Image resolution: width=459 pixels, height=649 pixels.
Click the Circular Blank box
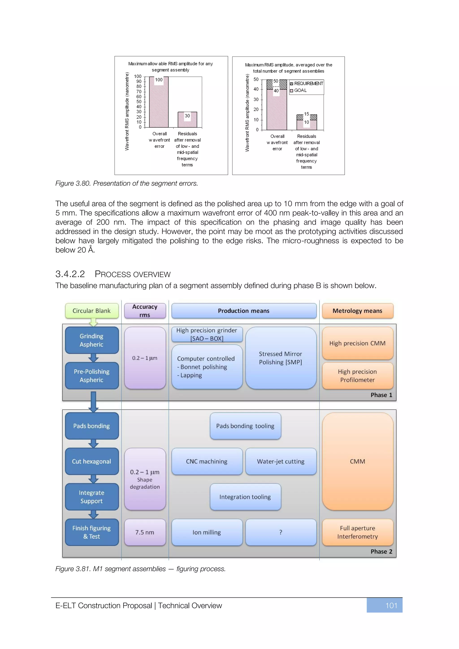92,311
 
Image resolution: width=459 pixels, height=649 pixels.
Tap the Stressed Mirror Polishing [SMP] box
281,358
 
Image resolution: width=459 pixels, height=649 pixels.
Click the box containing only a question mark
281,532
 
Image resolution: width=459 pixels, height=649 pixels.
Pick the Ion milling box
207,532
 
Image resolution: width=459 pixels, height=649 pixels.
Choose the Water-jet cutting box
281,461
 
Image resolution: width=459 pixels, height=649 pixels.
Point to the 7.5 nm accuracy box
145,532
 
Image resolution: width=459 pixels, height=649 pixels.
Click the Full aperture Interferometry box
357,532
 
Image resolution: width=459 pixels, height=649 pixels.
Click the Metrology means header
357,311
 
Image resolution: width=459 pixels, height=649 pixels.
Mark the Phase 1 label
381,395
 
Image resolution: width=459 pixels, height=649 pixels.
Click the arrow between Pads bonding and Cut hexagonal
93,443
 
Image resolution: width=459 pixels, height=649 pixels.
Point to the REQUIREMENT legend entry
306,83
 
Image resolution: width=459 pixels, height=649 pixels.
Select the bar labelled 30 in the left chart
187,120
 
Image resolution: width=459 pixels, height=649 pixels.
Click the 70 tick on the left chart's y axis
139,92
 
